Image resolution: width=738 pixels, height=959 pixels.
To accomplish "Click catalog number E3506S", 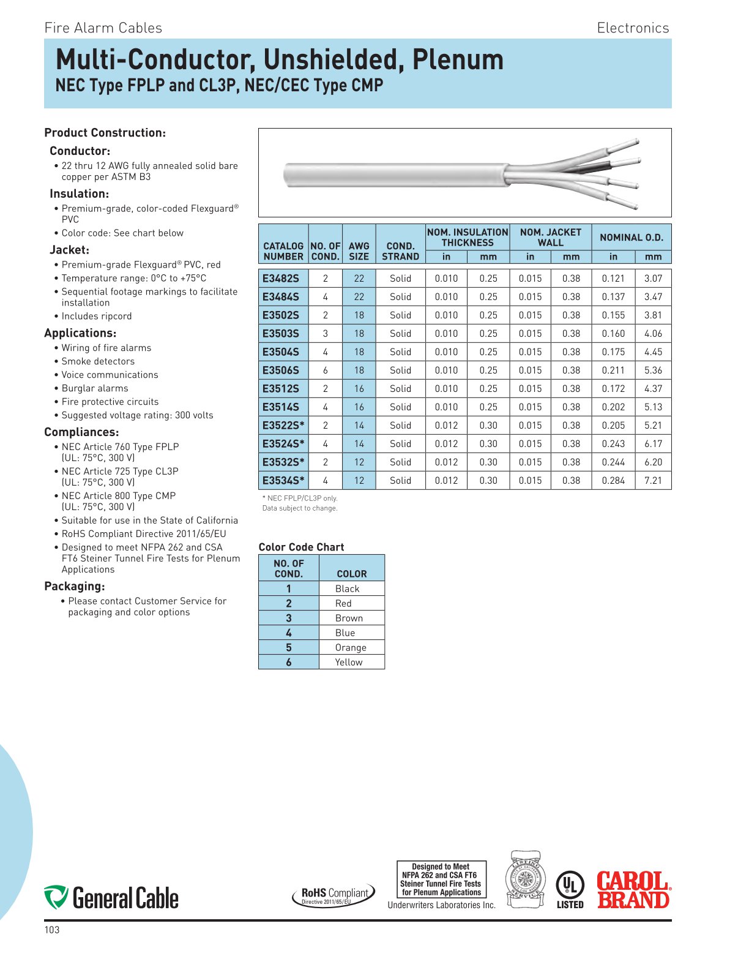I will tap(281, 370).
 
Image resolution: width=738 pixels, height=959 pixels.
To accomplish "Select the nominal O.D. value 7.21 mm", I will tap(653, 481).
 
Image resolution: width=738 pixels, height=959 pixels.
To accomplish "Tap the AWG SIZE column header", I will tap(359, 251).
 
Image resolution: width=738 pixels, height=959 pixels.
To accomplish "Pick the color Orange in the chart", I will tap(351, 648).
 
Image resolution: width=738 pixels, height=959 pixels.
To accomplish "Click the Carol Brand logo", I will tap(633, 890).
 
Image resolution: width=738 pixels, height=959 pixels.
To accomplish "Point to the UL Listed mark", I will tap(570, 890).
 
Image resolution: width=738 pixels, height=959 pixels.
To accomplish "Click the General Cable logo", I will tap(111, 898).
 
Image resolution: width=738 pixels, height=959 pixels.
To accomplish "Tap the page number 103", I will tap(52, 930).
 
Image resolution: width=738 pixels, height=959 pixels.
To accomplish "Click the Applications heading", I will tap(80, 333).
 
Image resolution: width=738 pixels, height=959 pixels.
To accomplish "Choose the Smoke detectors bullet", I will tap(98, 361).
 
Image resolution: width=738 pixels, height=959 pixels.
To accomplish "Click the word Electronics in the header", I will tap(633, 28).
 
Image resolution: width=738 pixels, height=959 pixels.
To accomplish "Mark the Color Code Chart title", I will tap(301, 547).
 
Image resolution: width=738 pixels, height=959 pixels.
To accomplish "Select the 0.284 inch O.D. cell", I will tap(613, 481).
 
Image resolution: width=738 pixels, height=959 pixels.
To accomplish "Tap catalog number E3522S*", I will tap(283, 426).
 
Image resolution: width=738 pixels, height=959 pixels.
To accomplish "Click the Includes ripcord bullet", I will tap(97, 316).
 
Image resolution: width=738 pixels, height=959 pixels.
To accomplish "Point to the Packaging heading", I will tap(75, 587).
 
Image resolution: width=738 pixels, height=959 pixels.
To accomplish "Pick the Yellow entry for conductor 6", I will tap(349, 663).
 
